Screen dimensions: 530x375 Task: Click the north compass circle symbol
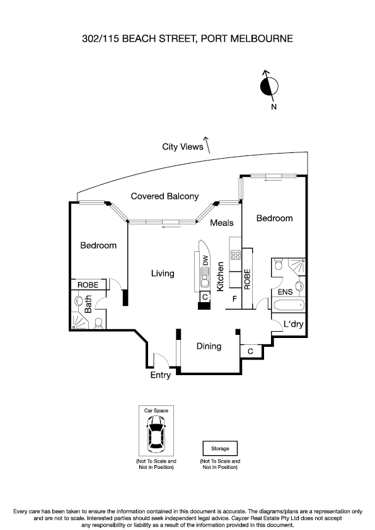point(268,86)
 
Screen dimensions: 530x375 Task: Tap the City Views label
point(183,147)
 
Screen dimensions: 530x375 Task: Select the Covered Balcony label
point(164,196)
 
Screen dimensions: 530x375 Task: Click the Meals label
point(222,223)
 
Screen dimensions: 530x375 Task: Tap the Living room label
point(163,273)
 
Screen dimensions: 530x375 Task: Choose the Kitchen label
point(221,276)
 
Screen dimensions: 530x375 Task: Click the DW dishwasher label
point(205,258)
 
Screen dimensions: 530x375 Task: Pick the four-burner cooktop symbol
point(236,255)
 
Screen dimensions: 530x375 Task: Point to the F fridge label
point(234,298)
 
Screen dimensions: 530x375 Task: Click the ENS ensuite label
point(285,291)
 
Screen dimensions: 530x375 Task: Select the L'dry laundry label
point(294,324)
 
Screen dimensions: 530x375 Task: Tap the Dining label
point(209,346)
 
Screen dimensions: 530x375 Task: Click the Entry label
point(161,375)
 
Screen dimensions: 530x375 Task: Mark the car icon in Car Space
point(155,435)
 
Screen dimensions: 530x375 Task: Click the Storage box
point(220,449)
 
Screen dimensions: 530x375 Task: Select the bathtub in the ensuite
point(289,306)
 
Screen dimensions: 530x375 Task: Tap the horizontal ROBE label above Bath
point(88,285)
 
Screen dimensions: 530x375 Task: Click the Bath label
point(88,305)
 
